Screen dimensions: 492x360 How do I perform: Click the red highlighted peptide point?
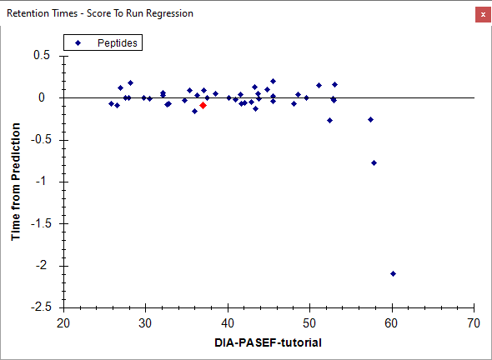tap(203, 105)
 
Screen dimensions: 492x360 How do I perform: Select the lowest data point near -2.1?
tap(393, 274)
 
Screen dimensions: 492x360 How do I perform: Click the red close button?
tap(483, 14)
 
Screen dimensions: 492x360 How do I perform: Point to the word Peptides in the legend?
tap(118, 43)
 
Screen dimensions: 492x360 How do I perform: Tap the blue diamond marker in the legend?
tap(78, 42)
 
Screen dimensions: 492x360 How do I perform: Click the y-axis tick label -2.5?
tap(41, 307)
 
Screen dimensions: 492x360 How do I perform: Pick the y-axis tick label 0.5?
tap(42, 55)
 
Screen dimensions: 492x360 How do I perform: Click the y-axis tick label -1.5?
tap(41, 223)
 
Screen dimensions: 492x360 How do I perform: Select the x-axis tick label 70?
tap(474, 323)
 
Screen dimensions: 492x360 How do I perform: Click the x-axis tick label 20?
tap(63, 323)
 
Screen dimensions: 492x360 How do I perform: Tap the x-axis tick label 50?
tap(309, 323)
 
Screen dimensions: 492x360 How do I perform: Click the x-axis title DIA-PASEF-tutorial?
tap(268, 342)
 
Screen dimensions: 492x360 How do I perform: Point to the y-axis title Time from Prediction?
tap(16, 182)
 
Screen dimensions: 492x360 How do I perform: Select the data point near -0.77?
tap(374, 162)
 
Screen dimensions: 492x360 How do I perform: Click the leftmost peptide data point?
tap(111, 104)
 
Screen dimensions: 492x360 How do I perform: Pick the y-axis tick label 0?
tap(42, 97)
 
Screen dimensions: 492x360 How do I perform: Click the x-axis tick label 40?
tap(228, 323)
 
